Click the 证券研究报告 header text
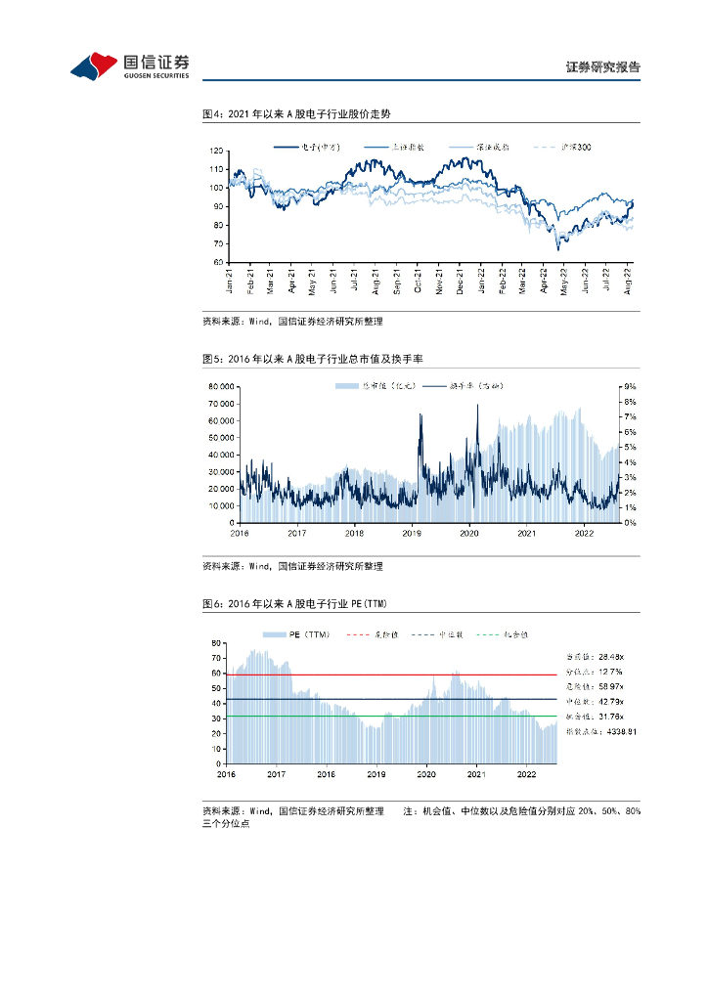tap(602, 67)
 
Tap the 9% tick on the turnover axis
tap(631, 387)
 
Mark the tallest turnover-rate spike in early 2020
tap(478, 406)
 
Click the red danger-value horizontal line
tap(391, 675)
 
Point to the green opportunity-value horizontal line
tap(391, 717)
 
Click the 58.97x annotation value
tap(611, 687)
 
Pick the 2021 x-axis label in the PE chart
tap(476, 773)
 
